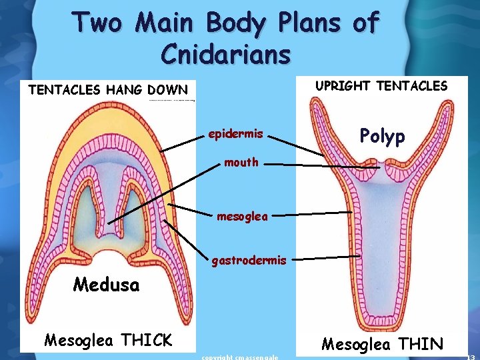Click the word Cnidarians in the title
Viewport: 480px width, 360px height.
coord(225,53)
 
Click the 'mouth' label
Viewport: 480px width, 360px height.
coord(241,162)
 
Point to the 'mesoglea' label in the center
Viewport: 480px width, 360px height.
coord(242,216)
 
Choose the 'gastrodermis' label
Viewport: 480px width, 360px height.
coord(249,261)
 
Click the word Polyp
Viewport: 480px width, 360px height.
coord(382,137)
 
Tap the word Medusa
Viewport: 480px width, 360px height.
coord(107,285)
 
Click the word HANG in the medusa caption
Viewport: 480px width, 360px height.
coord(125,89)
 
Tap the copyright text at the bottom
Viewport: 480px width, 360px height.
coord(239,357)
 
